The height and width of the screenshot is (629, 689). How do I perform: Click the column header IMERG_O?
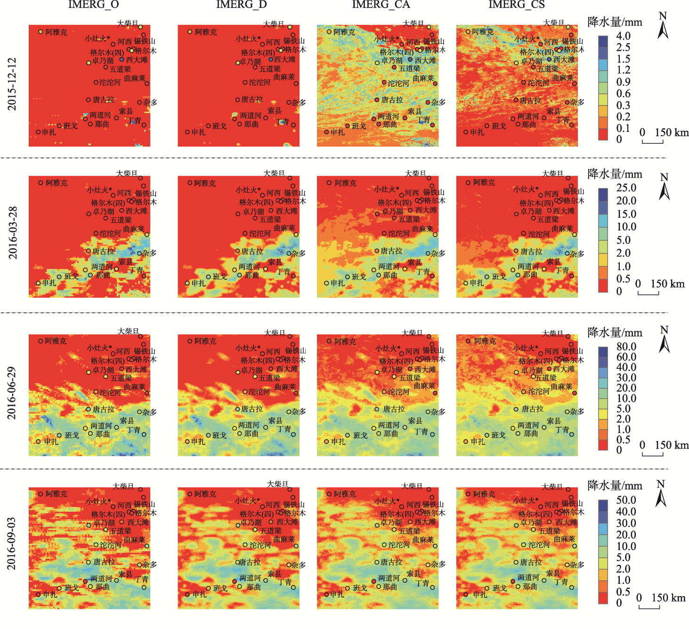tap(93, 5)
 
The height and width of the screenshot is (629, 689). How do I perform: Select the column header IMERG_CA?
tap(381, 5)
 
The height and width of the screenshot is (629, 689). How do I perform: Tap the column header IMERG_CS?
tap(517, 5)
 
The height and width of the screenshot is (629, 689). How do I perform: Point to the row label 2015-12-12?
tap(12, 84)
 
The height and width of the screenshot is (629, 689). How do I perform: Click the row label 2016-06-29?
tap(12, 393)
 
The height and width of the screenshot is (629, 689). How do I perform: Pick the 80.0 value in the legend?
tap(626, 347)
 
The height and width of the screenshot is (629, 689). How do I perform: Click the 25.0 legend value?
tap(626, 188)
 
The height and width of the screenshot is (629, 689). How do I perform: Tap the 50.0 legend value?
tap(626, 500)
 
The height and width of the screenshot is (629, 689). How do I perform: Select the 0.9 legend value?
tap(623, 82)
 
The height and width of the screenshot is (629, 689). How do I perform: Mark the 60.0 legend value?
tap(626, 357)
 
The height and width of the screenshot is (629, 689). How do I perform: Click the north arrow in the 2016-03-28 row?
tap(664, 187)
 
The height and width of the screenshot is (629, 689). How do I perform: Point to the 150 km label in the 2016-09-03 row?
tap(668, 598)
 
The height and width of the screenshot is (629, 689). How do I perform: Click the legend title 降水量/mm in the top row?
tap(615, 22)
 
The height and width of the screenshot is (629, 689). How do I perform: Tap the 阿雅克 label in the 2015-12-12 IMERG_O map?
tap(56, 32)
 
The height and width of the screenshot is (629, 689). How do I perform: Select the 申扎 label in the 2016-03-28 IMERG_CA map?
tap(337, 283)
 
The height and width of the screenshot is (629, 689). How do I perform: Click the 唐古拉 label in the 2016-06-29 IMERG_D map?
tap(252, 409)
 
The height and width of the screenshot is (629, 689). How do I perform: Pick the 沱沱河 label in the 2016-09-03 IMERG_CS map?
tap(539, 545)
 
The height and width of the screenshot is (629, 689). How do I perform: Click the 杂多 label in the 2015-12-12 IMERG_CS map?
tap(577, 102)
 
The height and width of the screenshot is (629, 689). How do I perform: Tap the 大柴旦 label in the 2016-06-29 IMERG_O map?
tap(128, 331)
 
